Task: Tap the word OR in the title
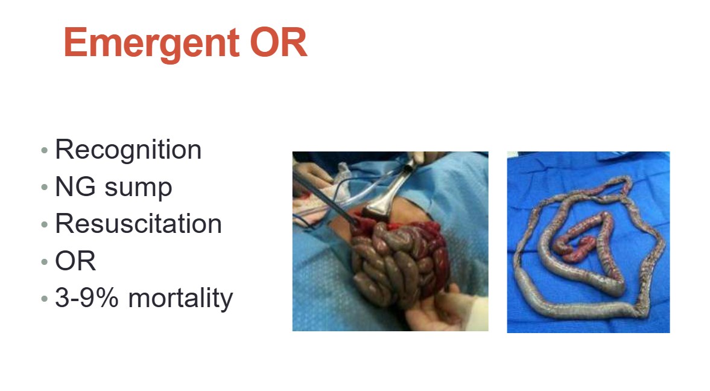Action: (279, 42)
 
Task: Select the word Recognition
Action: (128, 150)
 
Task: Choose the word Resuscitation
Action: (139, 223)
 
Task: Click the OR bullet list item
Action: (75, 261)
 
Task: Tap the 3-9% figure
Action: (86, 297)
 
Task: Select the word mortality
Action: (181, 299)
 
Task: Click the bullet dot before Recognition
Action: (45, 150)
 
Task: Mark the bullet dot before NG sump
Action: (45, 187)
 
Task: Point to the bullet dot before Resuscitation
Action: (45, 224)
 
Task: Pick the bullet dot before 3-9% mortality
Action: (45, 299)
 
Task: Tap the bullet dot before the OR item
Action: (45, 261)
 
